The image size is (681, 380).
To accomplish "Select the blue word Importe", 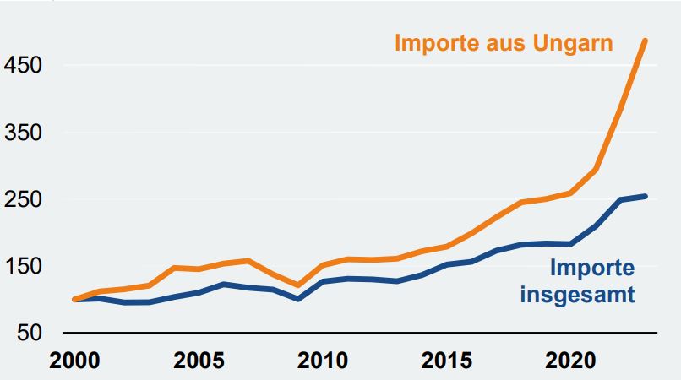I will point(591,269).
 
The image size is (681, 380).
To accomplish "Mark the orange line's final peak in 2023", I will point(646,40).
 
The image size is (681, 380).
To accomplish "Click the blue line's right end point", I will point(646,196).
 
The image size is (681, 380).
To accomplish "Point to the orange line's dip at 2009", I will point(297,285).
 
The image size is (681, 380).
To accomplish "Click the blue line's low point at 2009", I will point(297,299).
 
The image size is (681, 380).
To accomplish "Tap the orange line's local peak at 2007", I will point(248,261).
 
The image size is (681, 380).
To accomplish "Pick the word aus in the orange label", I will point(506,44).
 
